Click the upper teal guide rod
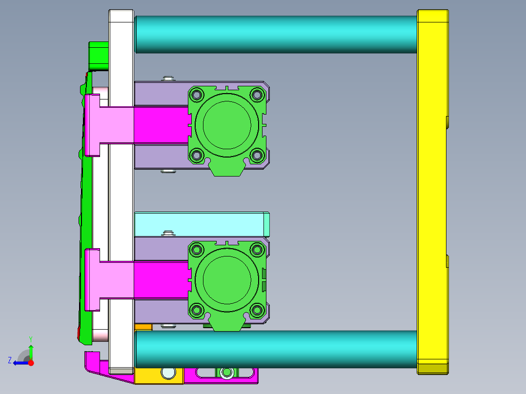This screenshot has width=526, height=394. click(x=276, y=34)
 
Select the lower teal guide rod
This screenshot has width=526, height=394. click(x=276, y=349)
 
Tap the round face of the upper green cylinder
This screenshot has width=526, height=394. click(x=227, y=124)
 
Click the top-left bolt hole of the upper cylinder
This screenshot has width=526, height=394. click(x=197, y=94)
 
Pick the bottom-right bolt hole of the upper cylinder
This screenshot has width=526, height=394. click(x=257, y=156)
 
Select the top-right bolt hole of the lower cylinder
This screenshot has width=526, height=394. click(x=257, y=250)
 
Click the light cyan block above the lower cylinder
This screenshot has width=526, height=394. click(x=200, y=224)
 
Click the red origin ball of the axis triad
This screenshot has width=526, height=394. click(x=31, y=363)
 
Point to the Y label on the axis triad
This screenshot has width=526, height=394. click(x=30, y=338)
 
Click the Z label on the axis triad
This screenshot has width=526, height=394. click(x=10, y=360)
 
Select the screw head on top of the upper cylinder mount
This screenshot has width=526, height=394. click(x=168, y=78)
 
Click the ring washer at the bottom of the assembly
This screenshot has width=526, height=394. click(x=226, y=373)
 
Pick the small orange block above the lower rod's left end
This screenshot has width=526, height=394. click(x=143, y=327)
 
